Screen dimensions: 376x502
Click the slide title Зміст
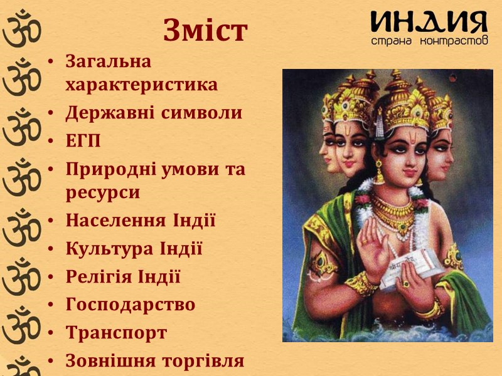click(205, 31)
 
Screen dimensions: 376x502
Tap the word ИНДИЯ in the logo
click(429, 24)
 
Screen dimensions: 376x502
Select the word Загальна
click(109, 61)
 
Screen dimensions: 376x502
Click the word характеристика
click(142, 85)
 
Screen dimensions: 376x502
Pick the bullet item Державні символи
click(154, 113)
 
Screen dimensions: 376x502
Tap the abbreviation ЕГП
click(83, 141)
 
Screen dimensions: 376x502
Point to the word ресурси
click(103, 192)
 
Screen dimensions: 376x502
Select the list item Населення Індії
click(141, 221)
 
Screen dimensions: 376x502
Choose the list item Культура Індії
click(134, 249)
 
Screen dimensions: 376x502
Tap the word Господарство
click(131, 305)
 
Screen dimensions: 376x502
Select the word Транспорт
click(116, 333)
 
